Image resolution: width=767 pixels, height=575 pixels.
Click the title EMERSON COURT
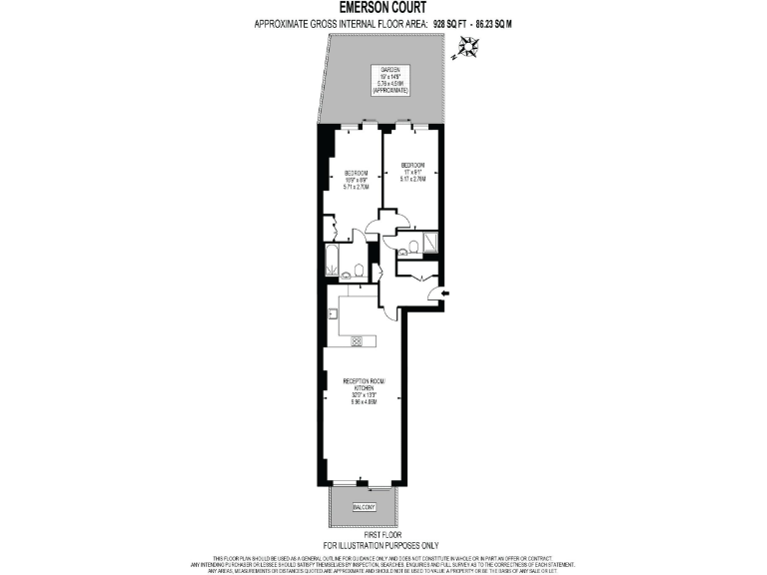coord(383,7)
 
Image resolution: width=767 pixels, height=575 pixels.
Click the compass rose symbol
coord(466,47)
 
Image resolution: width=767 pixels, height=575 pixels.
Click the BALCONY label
coord(364,508)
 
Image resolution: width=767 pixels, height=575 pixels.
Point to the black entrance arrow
coord(445,292)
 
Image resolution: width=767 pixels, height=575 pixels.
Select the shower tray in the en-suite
coord(430,241)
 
